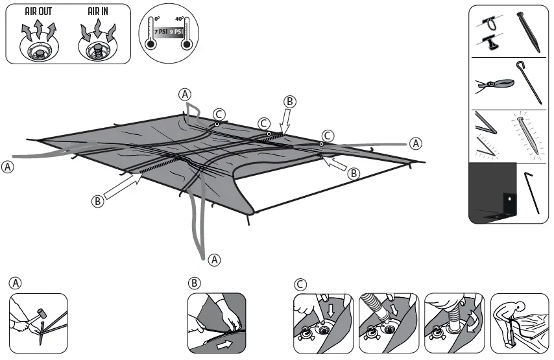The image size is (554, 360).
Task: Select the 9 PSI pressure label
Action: pyautogui.click(x=175, y=31)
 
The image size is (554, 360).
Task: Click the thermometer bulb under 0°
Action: pyautogui.click(x=151, y=45)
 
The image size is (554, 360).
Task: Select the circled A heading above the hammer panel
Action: pyautogui.click(x=15, y=283)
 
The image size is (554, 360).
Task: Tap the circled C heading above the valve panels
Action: pyautogui.click(x=300, y=283)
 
